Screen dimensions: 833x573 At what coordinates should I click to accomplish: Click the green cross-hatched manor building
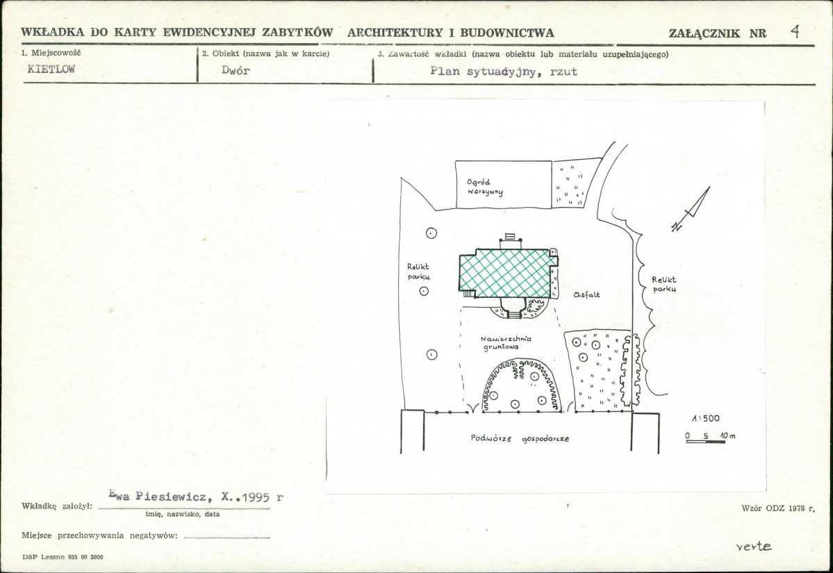(506, 274)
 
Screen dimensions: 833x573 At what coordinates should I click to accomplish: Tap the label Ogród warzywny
(485, 187)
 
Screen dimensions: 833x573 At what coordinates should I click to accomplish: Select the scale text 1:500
(706, 419)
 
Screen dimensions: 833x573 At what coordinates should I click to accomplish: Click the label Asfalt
(586, 294)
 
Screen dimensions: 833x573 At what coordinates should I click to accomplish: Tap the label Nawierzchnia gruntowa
(505, 342)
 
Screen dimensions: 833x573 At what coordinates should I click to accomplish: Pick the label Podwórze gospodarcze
(520, 439)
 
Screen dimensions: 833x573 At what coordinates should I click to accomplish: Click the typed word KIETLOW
(51, 69)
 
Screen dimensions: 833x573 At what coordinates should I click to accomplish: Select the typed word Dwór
(236, 70)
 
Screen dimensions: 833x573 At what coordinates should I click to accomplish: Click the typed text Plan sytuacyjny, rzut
(504, 72)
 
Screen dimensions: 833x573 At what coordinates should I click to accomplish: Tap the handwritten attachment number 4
(795, 31)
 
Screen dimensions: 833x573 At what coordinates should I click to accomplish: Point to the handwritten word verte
(754, 547)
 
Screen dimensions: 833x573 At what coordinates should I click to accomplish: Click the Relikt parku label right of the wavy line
(664, 284)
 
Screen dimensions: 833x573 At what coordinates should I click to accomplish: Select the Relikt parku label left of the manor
(418, 272)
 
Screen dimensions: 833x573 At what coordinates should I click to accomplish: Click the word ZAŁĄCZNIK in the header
(704, 33)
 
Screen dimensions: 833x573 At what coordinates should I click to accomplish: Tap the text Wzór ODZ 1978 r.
(777, 508)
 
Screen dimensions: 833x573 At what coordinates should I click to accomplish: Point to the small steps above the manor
(510, 236)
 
